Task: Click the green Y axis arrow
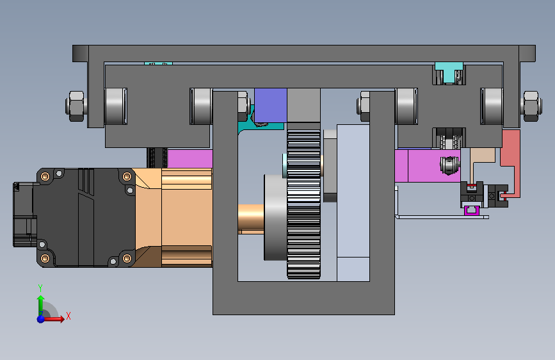[x=41, y=304]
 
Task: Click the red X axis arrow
[x=53, y=318]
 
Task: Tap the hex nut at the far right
[x=532, y=106]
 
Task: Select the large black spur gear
[x=303, y=204]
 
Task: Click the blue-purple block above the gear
[x=271, y=105]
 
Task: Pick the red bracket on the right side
[x=510, y=160]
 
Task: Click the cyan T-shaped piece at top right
[x=449, y=72]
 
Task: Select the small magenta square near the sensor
[x=472, y=211]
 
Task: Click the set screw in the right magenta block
[x=449, y=165]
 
